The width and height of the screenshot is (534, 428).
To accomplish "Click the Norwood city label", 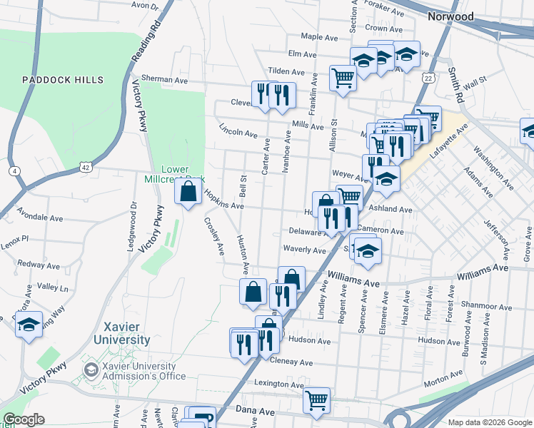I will (450, 16).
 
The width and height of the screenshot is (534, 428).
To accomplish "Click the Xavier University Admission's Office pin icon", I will (91, 370).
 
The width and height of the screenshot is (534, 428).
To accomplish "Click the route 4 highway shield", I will (14, 171).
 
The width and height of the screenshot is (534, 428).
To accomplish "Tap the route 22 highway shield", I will (428, 77).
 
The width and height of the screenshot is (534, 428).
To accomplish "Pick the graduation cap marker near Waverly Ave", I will (368, 250).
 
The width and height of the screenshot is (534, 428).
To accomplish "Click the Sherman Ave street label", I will (163, 79).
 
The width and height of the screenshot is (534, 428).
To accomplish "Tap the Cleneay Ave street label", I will (292, 362).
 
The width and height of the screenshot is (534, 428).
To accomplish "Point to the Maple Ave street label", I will (318, 36).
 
